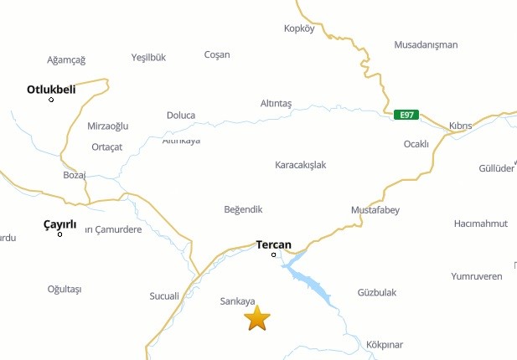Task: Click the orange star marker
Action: pos(257,318)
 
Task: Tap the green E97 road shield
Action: pos(406,114)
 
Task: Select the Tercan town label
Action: pos(273,245)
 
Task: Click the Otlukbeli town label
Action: pos(51,89)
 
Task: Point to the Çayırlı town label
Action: pos(59,224)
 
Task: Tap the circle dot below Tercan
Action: pos(273,255)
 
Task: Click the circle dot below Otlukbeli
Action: pos(51,100)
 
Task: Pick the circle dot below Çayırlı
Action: pos(59,234)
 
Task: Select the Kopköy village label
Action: pos(299,28)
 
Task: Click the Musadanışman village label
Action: pos(426,44)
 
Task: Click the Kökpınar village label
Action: pos(385,345)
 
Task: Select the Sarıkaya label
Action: pos(237,301)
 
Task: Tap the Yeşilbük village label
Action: pos(149,58)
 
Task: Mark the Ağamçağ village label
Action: pos(66,59)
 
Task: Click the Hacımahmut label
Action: pos(480,224)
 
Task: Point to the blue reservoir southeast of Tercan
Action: pos(314,285)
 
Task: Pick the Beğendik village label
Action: pos(244,209)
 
